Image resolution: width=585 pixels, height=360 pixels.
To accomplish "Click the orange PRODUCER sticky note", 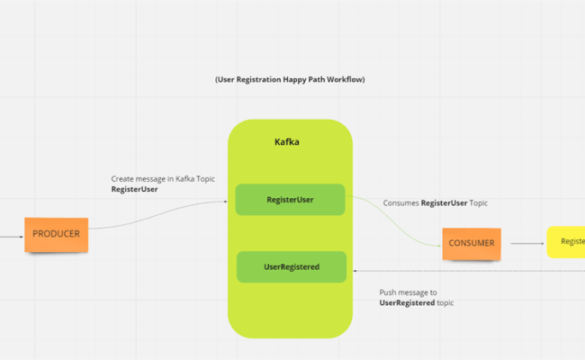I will [x=56, y=234].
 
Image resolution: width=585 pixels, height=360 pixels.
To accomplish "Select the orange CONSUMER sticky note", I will [x=472, y=243].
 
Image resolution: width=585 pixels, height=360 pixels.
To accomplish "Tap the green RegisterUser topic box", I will [x=290, y=200].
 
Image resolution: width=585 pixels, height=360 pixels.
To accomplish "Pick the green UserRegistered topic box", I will [x=291, y=266].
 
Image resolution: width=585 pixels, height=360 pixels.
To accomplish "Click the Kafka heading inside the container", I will [x=287, y=142].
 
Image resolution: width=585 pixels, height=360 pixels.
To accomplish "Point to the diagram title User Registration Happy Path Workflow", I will [x=290, y=79].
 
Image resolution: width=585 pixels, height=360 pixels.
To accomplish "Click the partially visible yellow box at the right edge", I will [x=566, y=241].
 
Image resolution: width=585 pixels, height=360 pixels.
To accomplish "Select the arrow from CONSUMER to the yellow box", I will [x=526, y=242].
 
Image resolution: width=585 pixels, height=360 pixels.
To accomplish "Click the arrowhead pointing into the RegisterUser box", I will [x=225, y=202].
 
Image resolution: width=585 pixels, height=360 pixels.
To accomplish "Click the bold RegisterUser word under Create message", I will [x=134, y=190].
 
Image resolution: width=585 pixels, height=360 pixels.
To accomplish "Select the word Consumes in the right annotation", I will [x=400, y=203].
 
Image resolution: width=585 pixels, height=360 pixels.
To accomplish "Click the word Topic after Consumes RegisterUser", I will [x=477, y=203].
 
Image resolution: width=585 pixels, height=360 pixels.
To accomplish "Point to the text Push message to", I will [x=408, y=292].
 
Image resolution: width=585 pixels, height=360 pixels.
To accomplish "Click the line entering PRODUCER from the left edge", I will [x=11, y=237].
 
